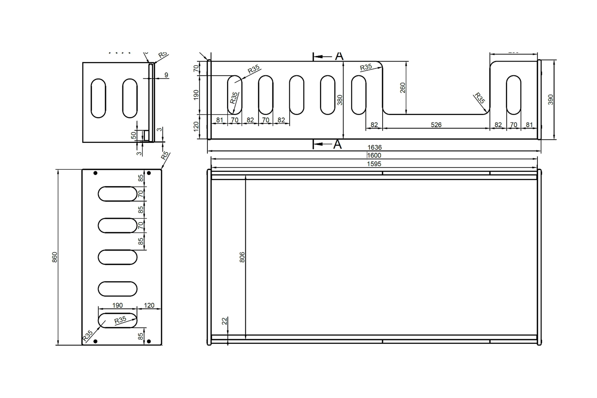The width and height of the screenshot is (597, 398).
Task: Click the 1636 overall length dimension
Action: pos(374,147)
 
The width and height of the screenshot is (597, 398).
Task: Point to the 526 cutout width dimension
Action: pos(436,125)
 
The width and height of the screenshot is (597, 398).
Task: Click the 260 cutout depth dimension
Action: pos(403,88)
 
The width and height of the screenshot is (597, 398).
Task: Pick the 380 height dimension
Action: pos(340,100)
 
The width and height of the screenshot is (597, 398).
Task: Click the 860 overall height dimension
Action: pos(55,257)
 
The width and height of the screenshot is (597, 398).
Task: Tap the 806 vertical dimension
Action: pos(242,257)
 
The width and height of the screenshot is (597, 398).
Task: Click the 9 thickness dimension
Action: pos(166,75)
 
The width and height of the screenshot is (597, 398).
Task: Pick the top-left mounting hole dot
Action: pos(96,173)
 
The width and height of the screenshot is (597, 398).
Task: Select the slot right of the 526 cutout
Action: pos(513,95)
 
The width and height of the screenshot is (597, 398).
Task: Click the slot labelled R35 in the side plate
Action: pos(118,320)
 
